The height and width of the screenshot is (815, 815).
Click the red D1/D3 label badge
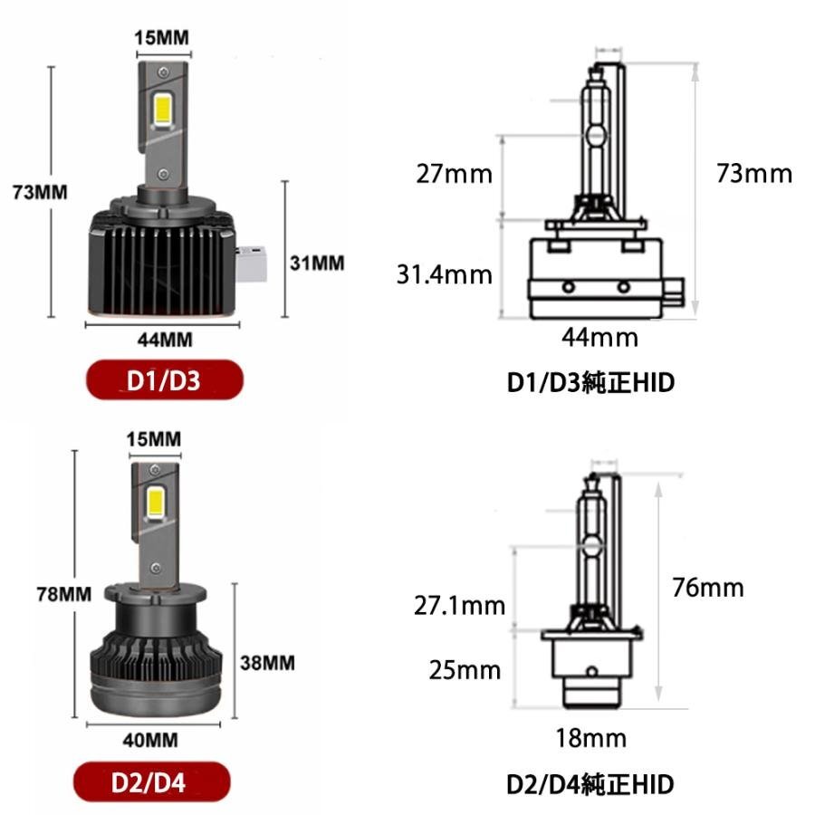(164, 380)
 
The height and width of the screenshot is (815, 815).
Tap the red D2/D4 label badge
(151, 782)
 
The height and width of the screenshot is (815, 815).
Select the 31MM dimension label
(317, 263)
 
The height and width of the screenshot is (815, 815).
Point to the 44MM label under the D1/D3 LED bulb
(165, 340)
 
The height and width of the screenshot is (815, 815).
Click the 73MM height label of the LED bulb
(40, 192)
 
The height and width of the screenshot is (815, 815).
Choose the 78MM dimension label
(64, 593)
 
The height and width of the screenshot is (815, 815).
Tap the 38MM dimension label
(267, 663)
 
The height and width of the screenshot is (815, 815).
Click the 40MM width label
(150, 740)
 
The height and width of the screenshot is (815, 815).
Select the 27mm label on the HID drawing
(454, 174)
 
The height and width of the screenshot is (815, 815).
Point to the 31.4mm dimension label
(445, 274)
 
